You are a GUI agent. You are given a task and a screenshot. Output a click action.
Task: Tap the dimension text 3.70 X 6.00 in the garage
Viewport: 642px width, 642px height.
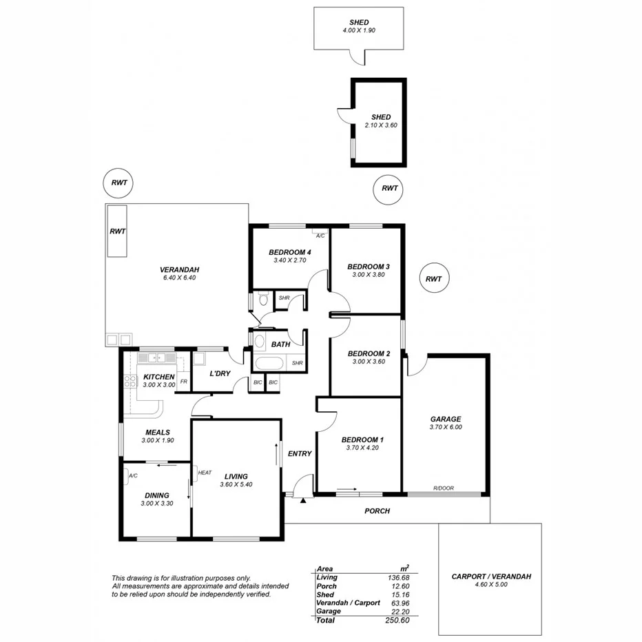click(446, 427)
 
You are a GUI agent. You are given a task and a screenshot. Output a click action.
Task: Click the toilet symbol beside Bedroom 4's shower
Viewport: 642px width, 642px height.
click(262, 300)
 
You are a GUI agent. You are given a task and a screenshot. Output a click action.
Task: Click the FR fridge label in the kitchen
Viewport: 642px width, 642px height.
click(183, 381)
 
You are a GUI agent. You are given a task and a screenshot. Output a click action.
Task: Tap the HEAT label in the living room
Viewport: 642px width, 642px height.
click(205, 473)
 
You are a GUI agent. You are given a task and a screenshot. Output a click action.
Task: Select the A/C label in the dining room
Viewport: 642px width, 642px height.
click(133, 476)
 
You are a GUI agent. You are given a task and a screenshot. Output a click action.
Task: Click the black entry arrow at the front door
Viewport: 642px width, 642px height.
click(303, 499)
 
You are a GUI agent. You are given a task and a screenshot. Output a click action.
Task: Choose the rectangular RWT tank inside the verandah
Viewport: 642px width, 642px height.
click(117, 231)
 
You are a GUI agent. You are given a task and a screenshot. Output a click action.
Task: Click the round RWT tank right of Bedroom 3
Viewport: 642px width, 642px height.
click(433, 279)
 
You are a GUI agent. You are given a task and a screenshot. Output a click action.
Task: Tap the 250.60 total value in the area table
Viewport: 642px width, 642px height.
click(397, 621)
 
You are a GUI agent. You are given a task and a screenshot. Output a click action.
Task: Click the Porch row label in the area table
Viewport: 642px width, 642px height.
click(327, 586)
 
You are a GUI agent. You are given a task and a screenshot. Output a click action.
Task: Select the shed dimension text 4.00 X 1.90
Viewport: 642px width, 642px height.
click(358, 31)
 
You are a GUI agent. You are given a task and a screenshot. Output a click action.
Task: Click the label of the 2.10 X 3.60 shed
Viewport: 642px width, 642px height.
click(381, 117)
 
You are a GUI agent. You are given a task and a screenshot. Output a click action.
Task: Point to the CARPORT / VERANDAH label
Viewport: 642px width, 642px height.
click(491, 577)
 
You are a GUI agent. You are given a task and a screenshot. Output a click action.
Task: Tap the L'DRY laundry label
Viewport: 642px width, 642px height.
click(220, 373)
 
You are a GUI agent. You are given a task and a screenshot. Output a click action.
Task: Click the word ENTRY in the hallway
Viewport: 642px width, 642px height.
click(300, 453)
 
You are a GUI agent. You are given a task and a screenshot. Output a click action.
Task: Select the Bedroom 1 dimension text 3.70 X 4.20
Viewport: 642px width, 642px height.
click(363, 448)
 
